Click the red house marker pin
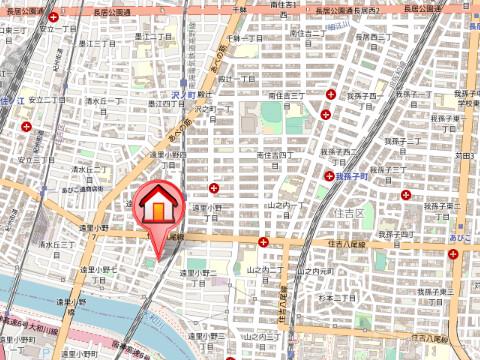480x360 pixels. pos(157,207)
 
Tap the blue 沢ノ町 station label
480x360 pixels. pos(179,94)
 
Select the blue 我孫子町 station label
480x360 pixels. pos(352,175)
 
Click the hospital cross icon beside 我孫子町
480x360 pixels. pos(328,175)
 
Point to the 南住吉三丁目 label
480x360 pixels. pos(286,96)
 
